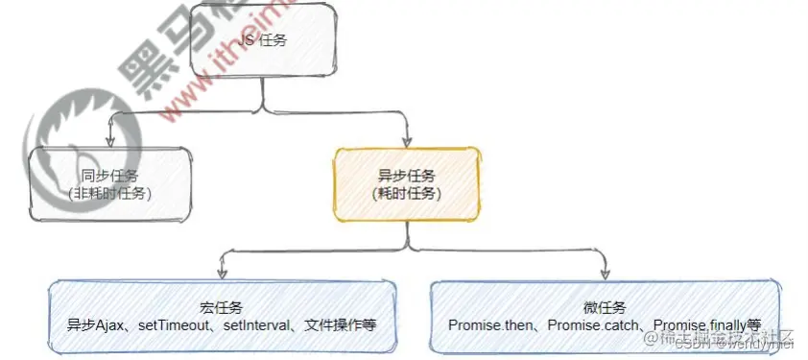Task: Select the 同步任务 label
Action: (x=110, y=176)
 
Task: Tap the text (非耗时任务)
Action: (x=110, y=193)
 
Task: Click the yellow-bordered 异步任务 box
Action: (x=407, y=184)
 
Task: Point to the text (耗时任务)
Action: (x=407, y=193)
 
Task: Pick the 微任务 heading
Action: (x=604, y=307)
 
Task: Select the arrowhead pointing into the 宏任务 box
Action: (x=223, y=274)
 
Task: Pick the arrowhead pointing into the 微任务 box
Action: (x=605, y=274)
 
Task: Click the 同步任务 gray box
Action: (x=58, y=206)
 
